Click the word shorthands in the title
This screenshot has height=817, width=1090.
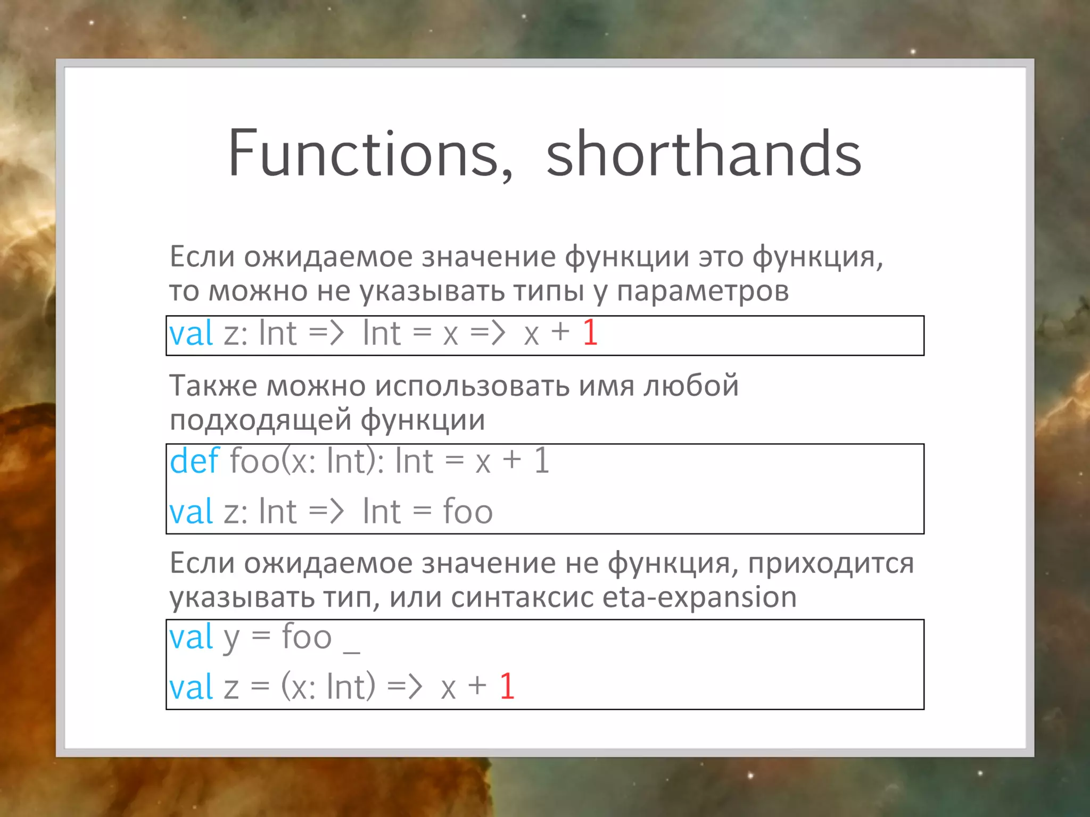click(703, 154)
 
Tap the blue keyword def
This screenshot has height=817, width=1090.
click(194, 461)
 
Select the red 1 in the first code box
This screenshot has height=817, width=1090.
click(590, 334)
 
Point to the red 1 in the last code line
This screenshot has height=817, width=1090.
click(507, 686)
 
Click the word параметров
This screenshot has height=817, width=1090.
click(703, 291)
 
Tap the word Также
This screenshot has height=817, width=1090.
click(213, 386)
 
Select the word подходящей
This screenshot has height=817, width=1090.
click(260, 420)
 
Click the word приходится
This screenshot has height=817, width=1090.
click(831, 563)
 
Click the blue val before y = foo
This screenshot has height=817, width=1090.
click(191, 637)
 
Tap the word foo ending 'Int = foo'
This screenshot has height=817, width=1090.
click(468, 512)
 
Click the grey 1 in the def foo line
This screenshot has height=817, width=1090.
click(541, 461)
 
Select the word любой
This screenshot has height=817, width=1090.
click(691, 386)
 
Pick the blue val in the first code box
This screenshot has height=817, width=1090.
click(191, 334)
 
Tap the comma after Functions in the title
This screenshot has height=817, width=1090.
click(506, 173)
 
